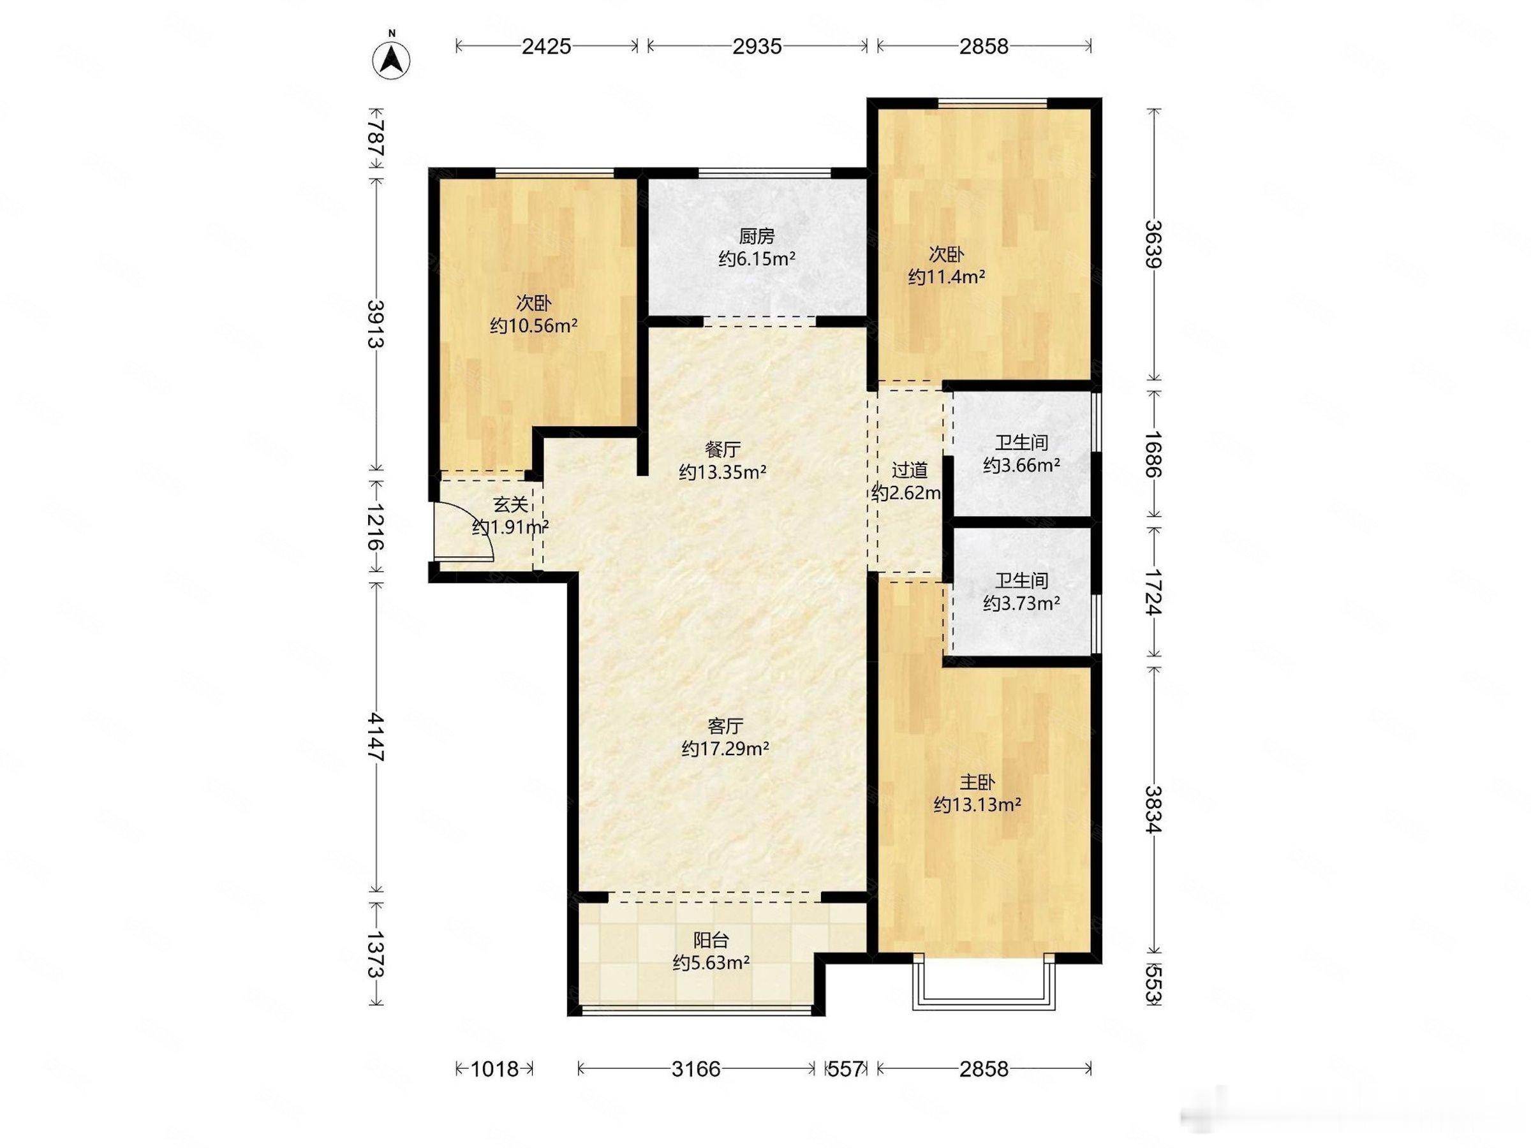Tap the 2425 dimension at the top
[x=547, y=47]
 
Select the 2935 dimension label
[x=758, y=47]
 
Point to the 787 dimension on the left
[x=376, y=138]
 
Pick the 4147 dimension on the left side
[x=376, y=736]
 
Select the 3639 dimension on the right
[x=1153, y=244]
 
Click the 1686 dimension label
[x=1153, y=454]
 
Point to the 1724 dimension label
[x=1153, y=592]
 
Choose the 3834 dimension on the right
[x=1153, y=809]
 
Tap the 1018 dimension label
[x=494, y=1069]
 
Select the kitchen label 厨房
[x=757, y=237]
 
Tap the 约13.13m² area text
[x=977, y=805]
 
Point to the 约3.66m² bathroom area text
[x=1021, y=465]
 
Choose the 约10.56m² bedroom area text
[x=534, y=325]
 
